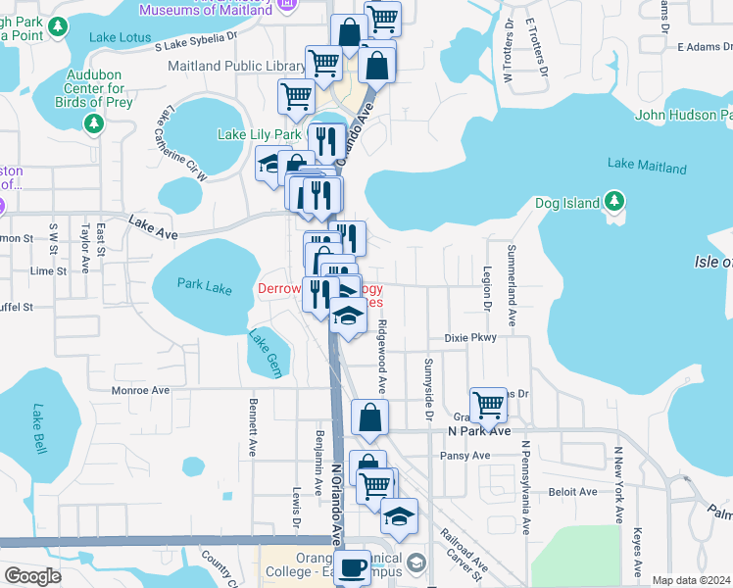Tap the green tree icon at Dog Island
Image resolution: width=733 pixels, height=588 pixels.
(614, 202)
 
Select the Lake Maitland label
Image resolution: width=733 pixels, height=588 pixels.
(647, 167)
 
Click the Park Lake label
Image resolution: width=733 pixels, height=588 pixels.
(205, 285)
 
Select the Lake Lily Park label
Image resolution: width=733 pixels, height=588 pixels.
(259, 134)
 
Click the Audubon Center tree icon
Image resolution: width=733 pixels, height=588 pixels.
(94, 123)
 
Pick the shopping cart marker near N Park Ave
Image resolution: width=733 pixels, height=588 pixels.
(488, 403)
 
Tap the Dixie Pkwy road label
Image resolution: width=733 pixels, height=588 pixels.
(470, 337)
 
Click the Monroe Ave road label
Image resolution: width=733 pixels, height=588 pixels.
(140, 390)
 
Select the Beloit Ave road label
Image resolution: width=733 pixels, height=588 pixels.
(573, 492)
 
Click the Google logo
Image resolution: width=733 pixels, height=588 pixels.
(33, 576)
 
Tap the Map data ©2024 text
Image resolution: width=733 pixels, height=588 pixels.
(690, 580)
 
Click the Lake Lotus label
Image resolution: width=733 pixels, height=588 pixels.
(117, 37)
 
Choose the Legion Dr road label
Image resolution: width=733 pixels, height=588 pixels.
(487, 288)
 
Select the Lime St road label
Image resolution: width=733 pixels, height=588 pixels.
(48, 271)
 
